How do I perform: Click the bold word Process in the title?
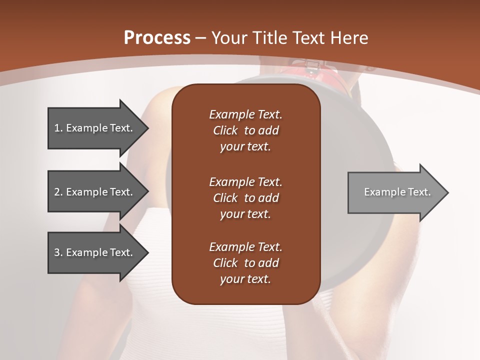pyautogui.click(x=157, y=38)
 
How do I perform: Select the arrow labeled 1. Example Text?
pyautogui.click(x=95, y=128)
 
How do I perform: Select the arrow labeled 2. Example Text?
pyautogui.click(x=95, y=192)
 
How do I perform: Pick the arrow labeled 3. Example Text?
pyautogui.click(x=95, y=252)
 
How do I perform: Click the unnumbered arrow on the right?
pyautogui.click(x=395, y=192)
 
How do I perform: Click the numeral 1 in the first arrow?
pyautogui.click(x=56, y=128)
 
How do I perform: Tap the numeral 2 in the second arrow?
pyautogui.click(x=57, y=192)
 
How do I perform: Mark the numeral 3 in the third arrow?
pyautogui.click(x=57, y=252)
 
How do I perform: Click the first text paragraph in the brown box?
pyautogui.click(x=245, y=130)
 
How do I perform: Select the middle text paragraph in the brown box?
pyautogui.click(x=245, y=198)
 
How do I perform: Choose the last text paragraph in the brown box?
pyautogui.click(x=245, y=263)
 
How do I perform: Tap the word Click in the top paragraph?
pyautogui.click(x=225, y=130)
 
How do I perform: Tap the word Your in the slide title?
pyautogui.click(x=228, y=38)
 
